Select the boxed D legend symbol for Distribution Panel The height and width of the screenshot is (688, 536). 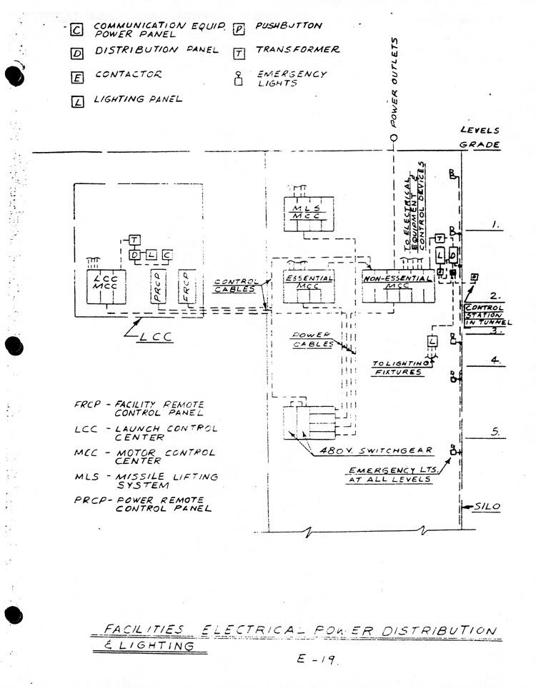point(76,52)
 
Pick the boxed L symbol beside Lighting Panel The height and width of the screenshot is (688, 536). point(77,101)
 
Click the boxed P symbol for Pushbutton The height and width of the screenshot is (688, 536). point(239,29)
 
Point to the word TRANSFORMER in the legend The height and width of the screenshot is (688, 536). point(297,51)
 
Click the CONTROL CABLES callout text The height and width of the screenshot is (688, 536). point(237,286)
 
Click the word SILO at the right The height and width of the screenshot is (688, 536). point(491,507)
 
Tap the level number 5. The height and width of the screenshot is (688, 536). point(495,431)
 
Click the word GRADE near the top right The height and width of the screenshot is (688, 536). point(479,144)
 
